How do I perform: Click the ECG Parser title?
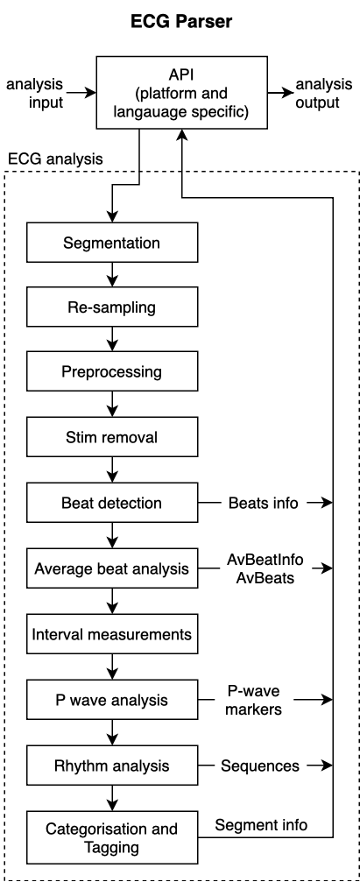point(181,21)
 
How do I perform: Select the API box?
point(181,92)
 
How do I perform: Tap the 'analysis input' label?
point(34,94)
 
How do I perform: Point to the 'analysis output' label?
point(324,94)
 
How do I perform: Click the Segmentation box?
point(112,243)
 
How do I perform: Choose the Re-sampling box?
point(112,307)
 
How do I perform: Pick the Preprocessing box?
point(112,371)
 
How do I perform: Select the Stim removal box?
point(112,437)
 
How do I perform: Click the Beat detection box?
point(112,503)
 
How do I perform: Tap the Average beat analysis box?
point(112,568)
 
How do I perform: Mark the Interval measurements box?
point(112,634)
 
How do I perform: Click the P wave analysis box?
point(112,700)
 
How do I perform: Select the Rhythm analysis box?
point(112,766)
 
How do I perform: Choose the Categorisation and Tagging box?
point(112,837)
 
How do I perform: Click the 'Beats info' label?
point(264,503)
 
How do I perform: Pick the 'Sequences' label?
point(260,766)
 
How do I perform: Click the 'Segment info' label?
point(261,825)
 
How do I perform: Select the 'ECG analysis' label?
point(55,159)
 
